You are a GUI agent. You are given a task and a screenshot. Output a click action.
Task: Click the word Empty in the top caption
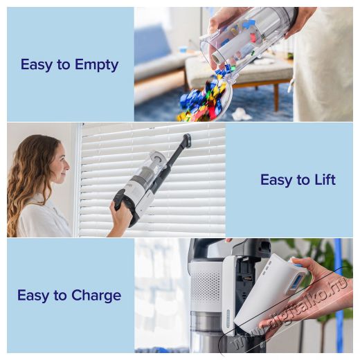[x=97, y=65]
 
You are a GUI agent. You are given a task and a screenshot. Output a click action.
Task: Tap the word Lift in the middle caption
[x=325, y=179]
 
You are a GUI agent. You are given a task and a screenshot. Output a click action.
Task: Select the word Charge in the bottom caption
[x=96, y=296]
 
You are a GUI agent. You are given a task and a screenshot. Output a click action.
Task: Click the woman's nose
[x=68, y=165]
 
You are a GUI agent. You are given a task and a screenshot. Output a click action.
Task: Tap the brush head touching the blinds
[x=187, y=140]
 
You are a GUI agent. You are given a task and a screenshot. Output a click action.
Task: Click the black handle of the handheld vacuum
[x=122, y=201]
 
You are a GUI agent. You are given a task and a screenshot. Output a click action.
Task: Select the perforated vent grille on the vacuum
[x=206, y=287]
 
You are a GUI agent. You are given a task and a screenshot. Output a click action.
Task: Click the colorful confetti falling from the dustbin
[x=203, y=99]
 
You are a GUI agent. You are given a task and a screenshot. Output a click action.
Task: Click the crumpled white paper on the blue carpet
[x=242, y=114]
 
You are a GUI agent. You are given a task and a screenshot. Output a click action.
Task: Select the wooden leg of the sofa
[x=276, y=96]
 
